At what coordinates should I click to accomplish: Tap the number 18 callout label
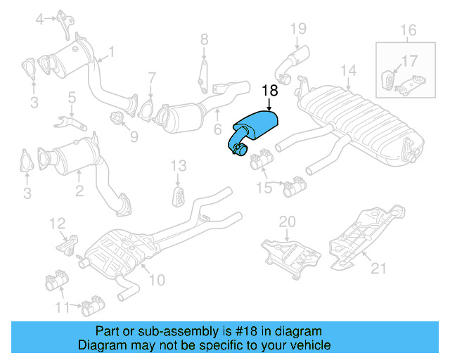point(269,91)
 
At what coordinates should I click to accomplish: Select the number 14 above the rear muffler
point(349,70)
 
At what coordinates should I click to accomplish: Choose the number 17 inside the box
point(409,61)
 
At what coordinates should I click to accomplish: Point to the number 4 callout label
point(40,18)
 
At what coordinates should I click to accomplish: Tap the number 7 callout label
point(151,77)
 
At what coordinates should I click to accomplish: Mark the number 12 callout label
point(57,224)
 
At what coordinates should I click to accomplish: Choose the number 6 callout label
point(217,129)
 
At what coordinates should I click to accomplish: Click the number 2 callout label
point(79,189)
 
